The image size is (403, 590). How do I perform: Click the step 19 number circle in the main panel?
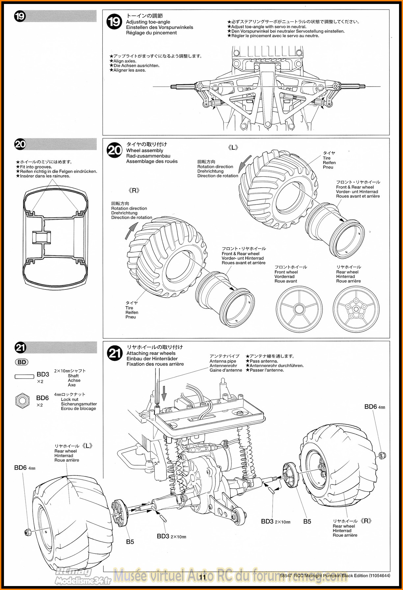click(115, 22)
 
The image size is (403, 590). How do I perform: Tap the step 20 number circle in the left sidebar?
click(20, 145)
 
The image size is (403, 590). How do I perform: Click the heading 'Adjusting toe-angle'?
click(148, 22)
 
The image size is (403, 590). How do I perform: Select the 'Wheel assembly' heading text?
click(145, 150)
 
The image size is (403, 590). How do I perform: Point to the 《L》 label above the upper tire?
click(233, 147)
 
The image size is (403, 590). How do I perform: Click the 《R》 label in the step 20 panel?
click(134, 191)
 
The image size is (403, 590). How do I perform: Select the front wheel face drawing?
click(299, 309)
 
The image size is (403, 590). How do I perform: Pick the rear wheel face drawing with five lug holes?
click(356, 309)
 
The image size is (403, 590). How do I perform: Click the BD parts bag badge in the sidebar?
click(22, 362)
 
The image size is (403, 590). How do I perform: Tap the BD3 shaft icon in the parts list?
click(24, 376)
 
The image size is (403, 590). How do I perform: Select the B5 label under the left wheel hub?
click(130, 542)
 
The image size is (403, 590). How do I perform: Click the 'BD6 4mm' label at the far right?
click(374, 407)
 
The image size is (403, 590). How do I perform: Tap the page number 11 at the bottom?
click(202, 577)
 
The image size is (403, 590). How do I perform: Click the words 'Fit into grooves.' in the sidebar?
click(36, 167)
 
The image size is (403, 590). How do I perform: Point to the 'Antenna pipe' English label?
click(223, 361)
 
